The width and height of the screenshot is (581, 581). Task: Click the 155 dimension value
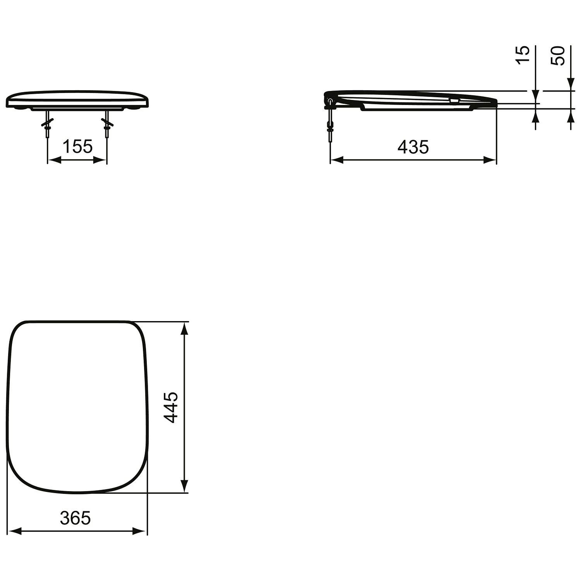coord(77,147)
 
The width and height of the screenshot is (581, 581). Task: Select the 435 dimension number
coord(413,147)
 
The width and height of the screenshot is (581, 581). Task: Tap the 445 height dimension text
coord(171,407)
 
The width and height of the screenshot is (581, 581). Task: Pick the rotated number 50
coord(558,55)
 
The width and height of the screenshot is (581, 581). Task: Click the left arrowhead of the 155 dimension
coord(53,160)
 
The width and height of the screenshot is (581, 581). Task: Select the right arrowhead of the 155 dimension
coord(101,160)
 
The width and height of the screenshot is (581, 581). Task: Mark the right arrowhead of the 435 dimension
coord(490,160)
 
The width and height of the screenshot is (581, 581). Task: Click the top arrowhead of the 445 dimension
coord(185,328)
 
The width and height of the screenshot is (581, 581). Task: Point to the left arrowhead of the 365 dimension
coord(14,531)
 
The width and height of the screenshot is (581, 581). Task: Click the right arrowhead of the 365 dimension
coord(141,531)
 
